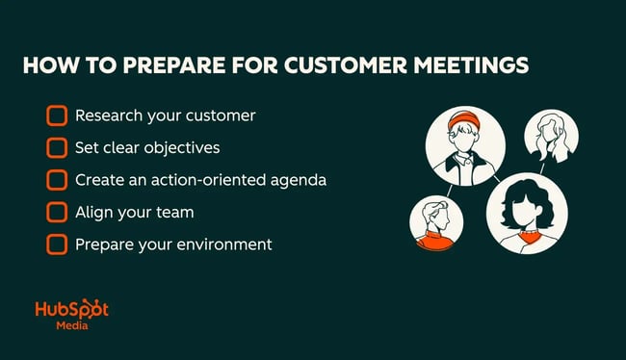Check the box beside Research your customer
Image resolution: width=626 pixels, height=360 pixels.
coord(57,116)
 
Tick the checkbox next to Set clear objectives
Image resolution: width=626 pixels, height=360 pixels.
coord(57,148)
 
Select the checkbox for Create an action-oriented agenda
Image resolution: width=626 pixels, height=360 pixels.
coord(57,180)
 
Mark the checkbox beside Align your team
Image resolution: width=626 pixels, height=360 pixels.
coord(57,212)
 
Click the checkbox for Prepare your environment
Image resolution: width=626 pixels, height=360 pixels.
coord(57,244)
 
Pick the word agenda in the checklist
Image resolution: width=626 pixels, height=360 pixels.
coord(299,180)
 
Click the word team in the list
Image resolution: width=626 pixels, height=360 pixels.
coord(174,212)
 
